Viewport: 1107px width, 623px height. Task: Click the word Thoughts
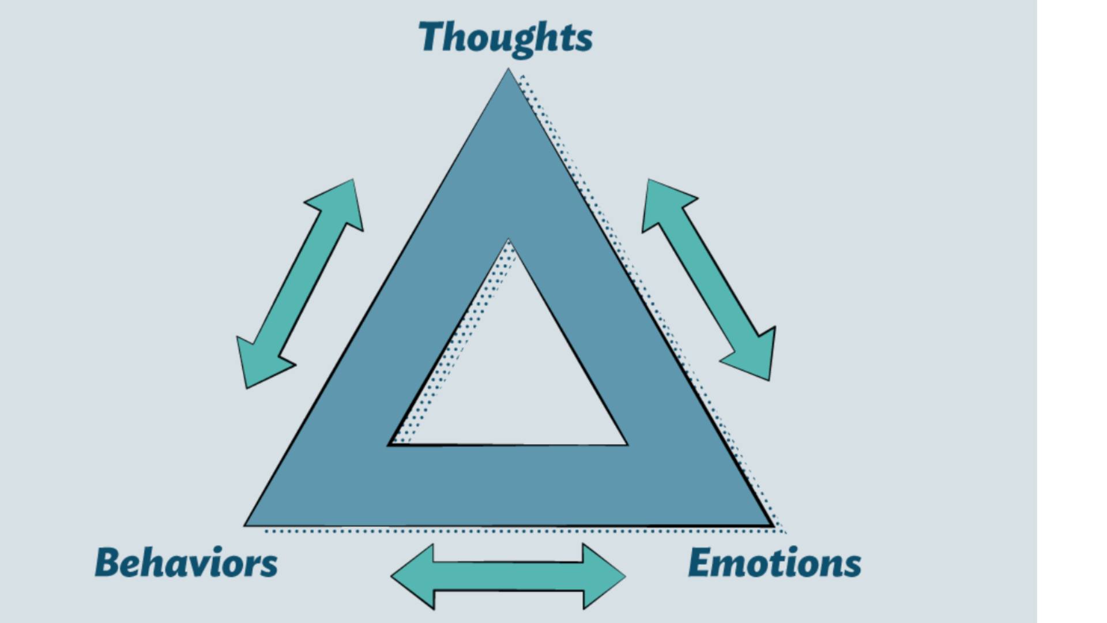pyautogui.click(x=505, y=37)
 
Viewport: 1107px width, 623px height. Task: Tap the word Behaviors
pyautogui.click(x=186, y=562)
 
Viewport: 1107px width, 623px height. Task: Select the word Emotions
pyautogui.click(x=774, y=562)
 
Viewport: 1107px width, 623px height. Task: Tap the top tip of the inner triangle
pyautogui.click(x=508, y=242)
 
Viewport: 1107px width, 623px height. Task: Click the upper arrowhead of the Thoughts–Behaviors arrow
pyautogui.click(x=344, y=199)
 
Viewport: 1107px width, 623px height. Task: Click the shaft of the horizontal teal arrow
pyautogui.click(x=508, y=576)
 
